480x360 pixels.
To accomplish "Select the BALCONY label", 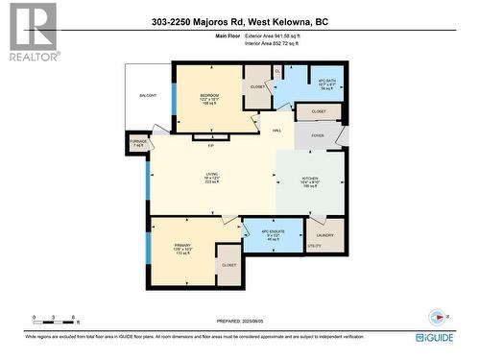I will pyautogui.click(x=147, y=96).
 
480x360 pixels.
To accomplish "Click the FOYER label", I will pyautogui.click(x=318, y=137).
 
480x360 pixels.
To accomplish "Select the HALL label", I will pyautogui.click(x=276, y=130).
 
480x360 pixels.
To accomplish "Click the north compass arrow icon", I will pyautogui.click(x=437, y=315).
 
